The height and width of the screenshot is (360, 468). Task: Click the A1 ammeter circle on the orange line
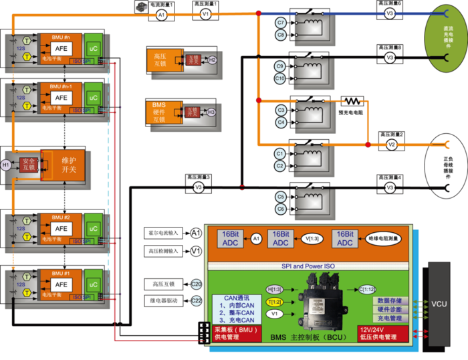click(x=160, y=13)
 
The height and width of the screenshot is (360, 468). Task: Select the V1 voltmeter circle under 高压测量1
click(x=205, y=13)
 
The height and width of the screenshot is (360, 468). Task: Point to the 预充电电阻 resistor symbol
click(x=352, y=102)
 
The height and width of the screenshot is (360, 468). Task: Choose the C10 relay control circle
click(x=281, y=78)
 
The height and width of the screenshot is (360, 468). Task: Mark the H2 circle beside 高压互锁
click(x=212, y=60)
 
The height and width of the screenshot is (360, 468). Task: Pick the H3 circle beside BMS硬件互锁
click(x=211, y=112)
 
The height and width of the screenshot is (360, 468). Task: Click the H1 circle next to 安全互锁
click(x=6, y=164)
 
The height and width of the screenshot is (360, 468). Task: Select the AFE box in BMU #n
click(x=61, y=48)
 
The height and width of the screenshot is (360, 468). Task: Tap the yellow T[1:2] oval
click(x=275, y=302)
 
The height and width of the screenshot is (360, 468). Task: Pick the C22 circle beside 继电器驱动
click(x=197, y=300)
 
